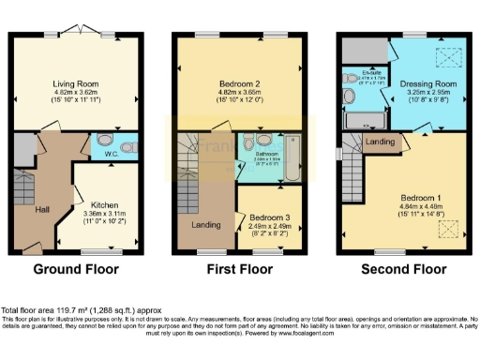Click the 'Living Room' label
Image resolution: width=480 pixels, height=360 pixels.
pyautogui.click(x=77, y=83)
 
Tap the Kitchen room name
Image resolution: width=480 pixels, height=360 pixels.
pyautogui.click(x=104, y=202)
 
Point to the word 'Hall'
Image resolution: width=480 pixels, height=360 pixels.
pyautogui.click(x=42, y=209)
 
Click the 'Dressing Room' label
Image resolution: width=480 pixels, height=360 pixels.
pyautogui.click(x=422, y=83)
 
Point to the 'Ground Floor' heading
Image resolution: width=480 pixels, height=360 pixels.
pyautogui.click(x=76, y=269)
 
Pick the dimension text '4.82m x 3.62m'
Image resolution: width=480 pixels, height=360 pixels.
pyautogui.click(x=77, y=94)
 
